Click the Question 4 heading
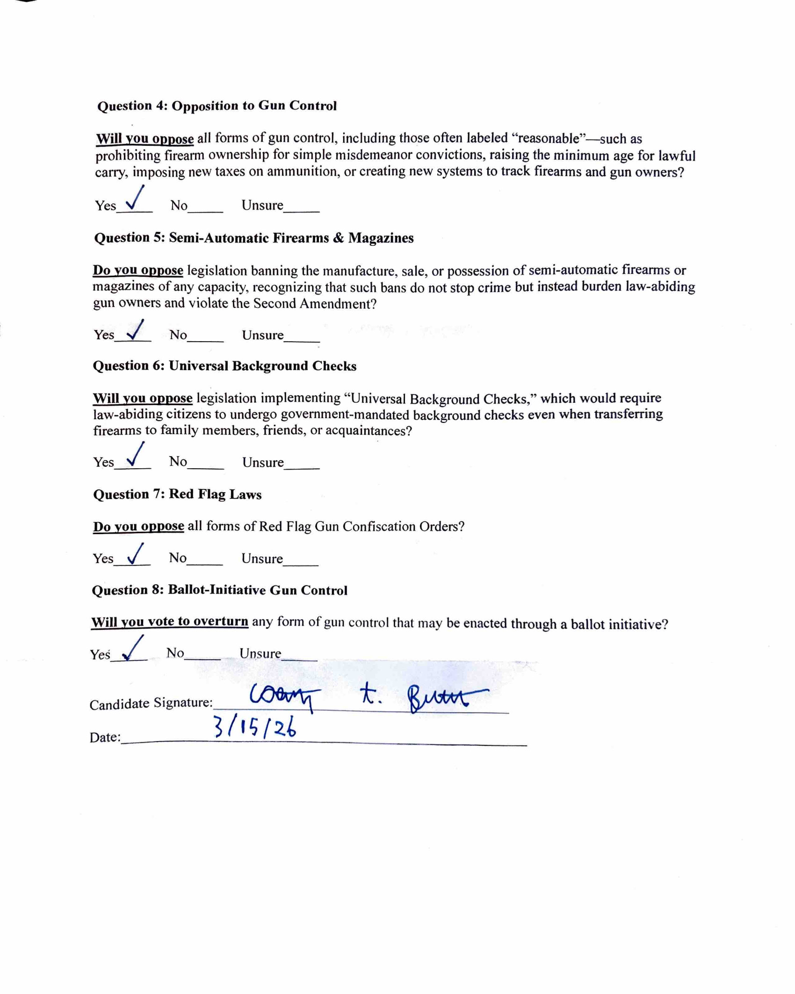[217, 106]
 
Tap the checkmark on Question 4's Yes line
[135, 200]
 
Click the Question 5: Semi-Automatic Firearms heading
[254, 238]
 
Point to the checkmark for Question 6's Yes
[135, 456]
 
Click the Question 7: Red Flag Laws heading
[177, 494]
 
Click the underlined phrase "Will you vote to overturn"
[170, 622]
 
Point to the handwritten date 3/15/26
[255, 728]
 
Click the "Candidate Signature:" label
[151, 703]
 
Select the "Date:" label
[105, 737]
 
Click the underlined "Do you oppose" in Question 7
[138, 527]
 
